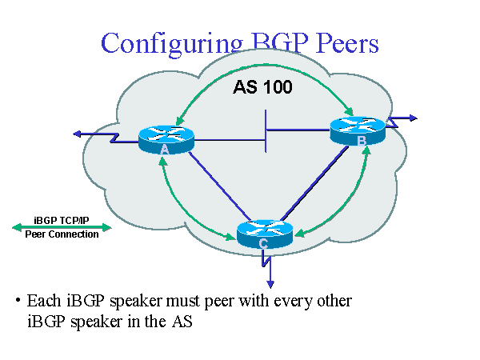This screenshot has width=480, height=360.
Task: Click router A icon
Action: [x=166, y=138]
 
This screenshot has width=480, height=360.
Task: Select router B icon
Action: [x=358, y=130]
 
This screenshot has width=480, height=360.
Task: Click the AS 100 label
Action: [x=262, y=87]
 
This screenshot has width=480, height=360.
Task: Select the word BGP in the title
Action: [x=270, y=43]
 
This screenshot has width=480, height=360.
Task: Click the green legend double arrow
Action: [x=62, y=227]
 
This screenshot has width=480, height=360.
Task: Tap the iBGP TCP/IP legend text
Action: [x=62, y=219]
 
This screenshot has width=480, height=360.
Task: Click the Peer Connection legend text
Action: [x=62, y=234]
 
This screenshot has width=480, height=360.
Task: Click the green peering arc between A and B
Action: [x=264, y=69]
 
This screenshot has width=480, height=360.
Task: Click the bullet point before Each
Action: [x=17, y=301]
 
